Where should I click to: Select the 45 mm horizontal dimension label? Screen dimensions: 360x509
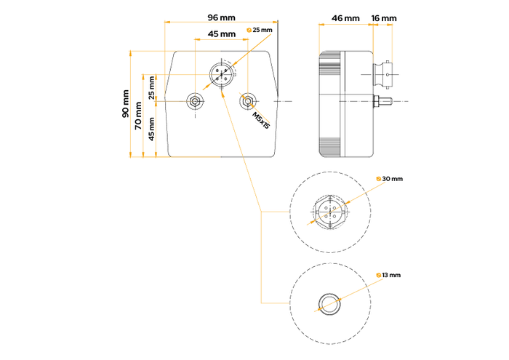(x=222, y=33)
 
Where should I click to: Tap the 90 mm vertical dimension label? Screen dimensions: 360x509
(x=125, y=103)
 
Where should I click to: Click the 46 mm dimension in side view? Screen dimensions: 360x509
(x=345, y=17)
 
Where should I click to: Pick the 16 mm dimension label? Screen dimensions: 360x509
(x=383, y=17)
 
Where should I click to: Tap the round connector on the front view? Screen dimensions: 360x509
(x=221, y=75)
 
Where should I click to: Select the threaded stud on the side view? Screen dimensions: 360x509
(x=383, y=100)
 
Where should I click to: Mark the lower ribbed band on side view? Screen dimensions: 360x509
(x=331, y=145)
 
